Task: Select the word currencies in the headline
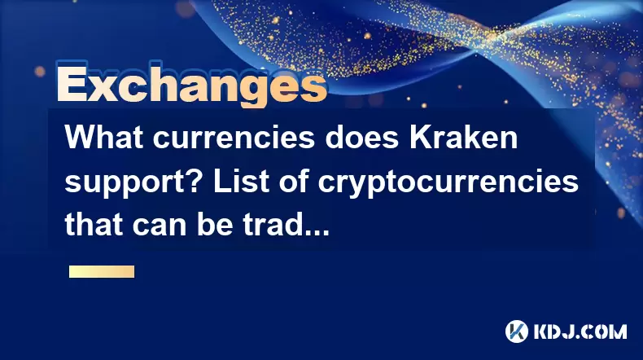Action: [x=234, y=138]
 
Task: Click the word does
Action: [x=362, y=138]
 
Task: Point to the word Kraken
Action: [x=463, y=138]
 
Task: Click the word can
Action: [x=160, y=227]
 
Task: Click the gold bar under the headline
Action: [x=102, y=272]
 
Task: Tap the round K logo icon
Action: [x=517, y=331]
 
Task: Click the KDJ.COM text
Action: [x=580, y=331]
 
